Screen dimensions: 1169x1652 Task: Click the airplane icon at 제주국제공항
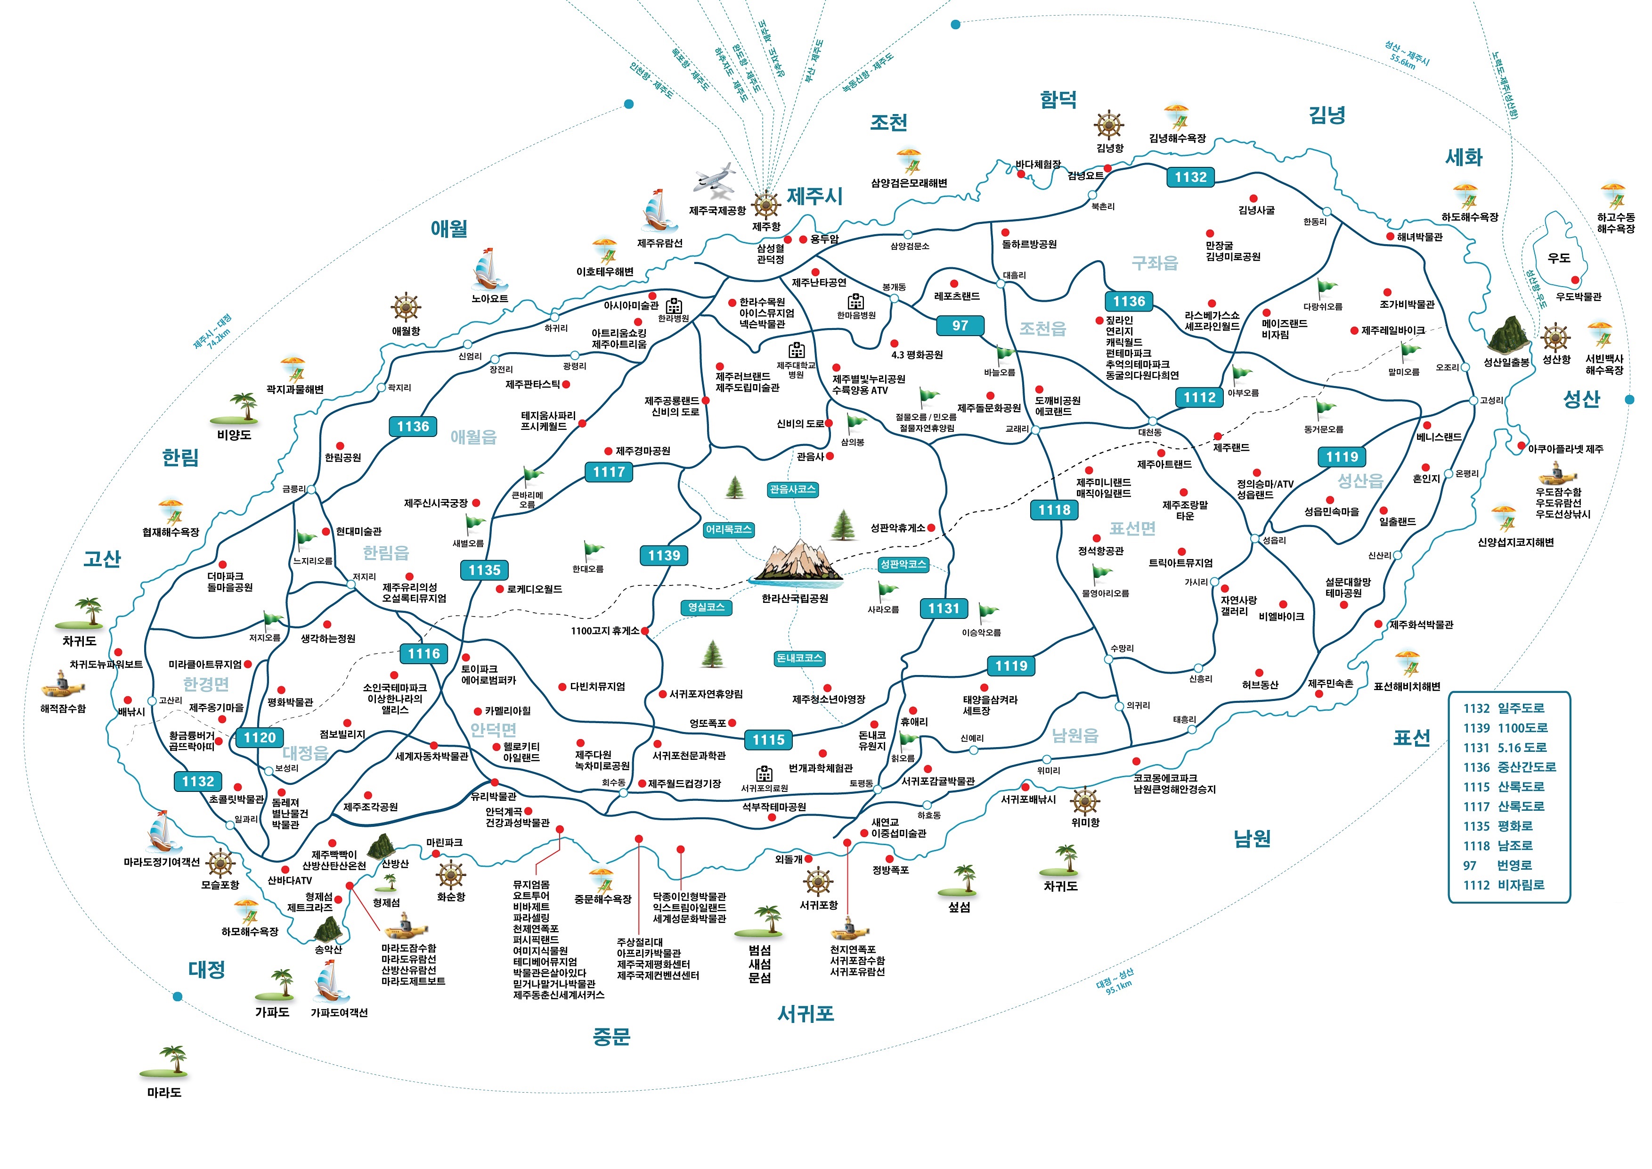[x=715, y=181]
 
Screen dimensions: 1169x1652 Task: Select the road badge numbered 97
[x=960, y=325]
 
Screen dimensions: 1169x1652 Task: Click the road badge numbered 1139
[x=663, y=555]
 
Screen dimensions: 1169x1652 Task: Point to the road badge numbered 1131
[x=943, y=608]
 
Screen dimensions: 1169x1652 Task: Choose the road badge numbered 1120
[x=259, y=737]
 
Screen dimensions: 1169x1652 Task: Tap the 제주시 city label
[x=814, y=196]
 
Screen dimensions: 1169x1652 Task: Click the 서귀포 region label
[x=805, y=1013]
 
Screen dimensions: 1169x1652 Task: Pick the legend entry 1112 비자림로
[x=1504, y=885]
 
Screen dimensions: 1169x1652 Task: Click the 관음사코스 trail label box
[x=792, y=489]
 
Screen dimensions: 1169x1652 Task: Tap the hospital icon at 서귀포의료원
[x=764, y=774]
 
